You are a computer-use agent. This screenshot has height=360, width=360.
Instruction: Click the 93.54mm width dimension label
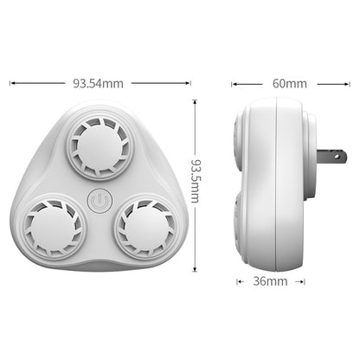pos(99,84)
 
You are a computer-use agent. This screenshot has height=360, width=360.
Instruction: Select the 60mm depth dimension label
pos(289,84)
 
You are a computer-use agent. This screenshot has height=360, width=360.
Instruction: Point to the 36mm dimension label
pos(270,281)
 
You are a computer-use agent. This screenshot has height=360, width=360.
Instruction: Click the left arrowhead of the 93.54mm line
pos(11,84)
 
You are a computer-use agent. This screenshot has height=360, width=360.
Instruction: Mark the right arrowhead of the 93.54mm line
pos(189,84)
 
